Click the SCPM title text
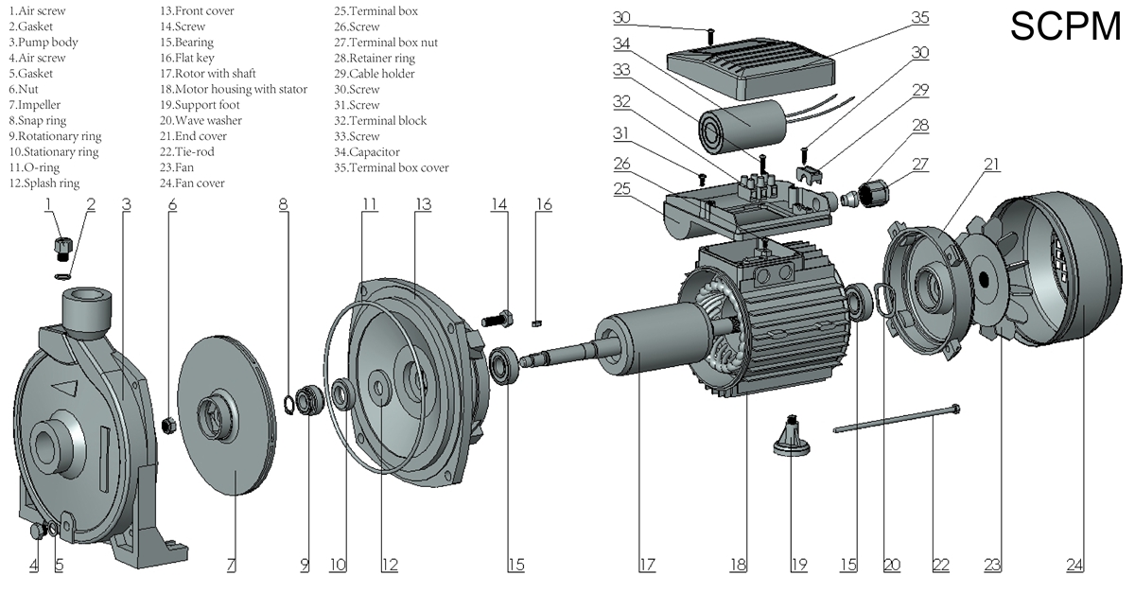(x=1064, y=27)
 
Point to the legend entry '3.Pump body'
(x=44, y=43)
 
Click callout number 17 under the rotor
(x=647, y=566)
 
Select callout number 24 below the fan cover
(x=1075, y=566)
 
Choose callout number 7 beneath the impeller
(x=231, y=566)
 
